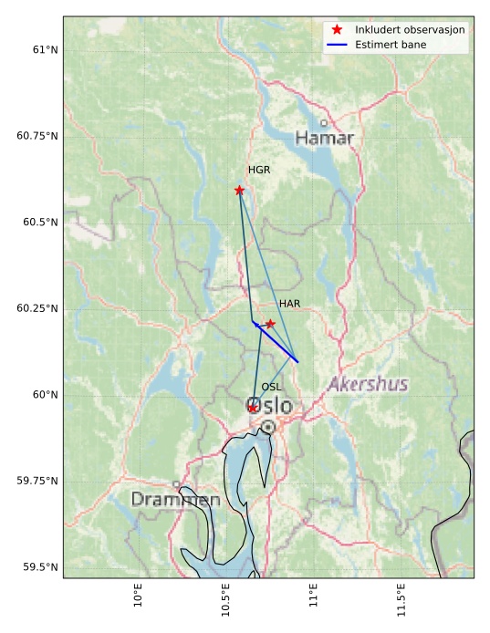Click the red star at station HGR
239,190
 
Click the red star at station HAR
270,324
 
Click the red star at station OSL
253,408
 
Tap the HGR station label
259,170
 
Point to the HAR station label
290,304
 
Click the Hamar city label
324,139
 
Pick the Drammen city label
175,500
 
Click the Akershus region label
368,384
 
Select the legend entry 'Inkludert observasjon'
410,29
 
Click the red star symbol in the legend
339,29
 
